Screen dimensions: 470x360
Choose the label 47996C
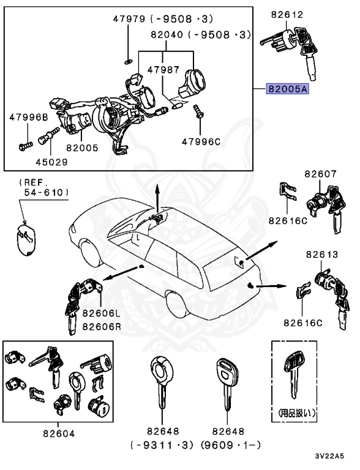pos(200,141)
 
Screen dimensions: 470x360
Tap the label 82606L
pos(89,315)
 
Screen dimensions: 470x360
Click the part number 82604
pos(59,433)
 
